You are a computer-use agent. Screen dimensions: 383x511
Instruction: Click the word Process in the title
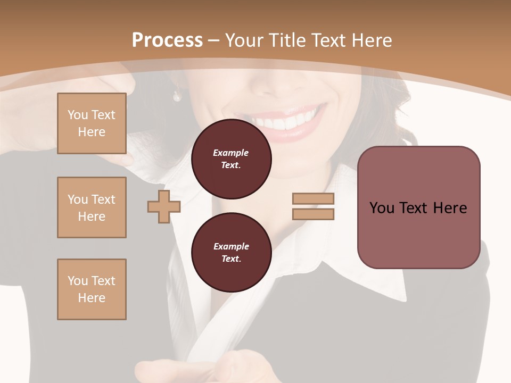point(167,40)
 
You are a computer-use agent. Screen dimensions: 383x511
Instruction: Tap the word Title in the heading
point(286,40)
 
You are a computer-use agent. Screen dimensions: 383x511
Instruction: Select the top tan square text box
point(92,123)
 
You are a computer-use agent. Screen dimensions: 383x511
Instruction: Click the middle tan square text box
point(92,207)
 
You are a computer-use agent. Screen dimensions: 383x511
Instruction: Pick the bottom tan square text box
point(92,289)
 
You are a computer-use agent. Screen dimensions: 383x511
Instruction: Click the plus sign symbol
point(163,206)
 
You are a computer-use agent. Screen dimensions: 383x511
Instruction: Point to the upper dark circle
point(231,159)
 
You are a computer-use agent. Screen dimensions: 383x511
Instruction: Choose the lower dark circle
point(231,253)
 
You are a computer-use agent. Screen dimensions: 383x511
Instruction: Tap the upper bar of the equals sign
point(313,199)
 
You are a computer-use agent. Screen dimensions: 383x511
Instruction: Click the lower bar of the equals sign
point(313,214)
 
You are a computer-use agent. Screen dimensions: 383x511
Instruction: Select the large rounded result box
point(418,207)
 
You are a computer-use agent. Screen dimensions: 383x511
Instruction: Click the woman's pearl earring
point(177,96)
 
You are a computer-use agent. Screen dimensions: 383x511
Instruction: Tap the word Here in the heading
point(371,40)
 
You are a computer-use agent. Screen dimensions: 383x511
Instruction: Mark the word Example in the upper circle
point(230,153)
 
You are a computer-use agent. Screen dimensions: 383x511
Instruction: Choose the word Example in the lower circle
point(231,246)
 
